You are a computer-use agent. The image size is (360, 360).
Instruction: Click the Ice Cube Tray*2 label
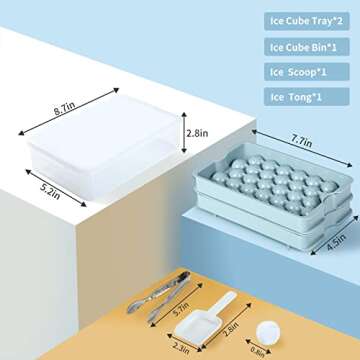click(x=307, y=21)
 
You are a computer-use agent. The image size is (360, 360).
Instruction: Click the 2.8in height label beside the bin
click(x=197, y=133)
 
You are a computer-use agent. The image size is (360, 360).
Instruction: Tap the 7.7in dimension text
click(x=301, y=142)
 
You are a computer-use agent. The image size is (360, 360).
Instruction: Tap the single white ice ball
click(x=268, y=335)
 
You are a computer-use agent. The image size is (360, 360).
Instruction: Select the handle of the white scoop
click(x=221, y=304)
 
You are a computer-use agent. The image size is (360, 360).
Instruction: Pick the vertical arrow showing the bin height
click(x=184, y=132)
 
